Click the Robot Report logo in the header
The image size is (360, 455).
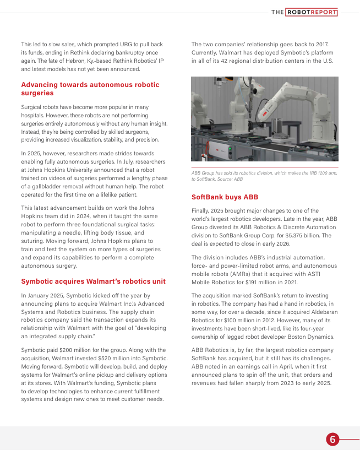click(304, 12)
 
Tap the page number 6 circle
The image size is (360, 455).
click(332, 439)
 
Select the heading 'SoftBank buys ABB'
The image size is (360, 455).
click(225, 197)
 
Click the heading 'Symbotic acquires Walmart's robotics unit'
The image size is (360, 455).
click(93, 281)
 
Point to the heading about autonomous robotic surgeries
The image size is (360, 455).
click(90, 89)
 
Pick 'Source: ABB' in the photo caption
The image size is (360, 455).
click(230, 180)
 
